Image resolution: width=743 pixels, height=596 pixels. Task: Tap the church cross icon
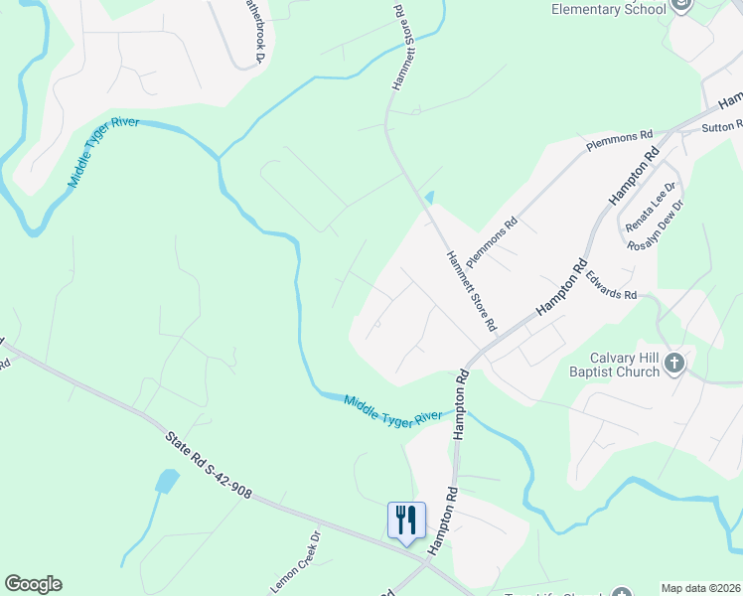point(673,362)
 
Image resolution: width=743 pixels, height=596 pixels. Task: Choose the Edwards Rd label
point(611,287)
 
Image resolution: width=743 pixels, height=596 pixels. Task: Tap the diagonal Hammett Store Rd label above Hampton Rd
point(470,289)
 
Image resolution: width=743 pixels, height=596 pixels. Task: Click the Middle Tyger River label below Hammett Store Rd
point(392,409)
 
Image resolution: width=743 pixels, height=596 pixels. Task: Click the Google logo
point(33,584)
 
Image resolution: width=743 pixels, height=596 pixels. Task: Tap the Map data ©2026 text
point(701,588)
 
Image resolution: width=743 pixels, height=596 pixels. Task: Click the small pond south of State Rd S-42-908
point(166,482)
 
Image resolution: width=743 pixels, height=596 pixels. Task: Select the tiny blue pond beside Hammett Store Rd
point(429,198)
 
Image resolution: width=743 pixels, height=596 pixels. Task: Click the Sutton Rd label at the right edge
point(722,127)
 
